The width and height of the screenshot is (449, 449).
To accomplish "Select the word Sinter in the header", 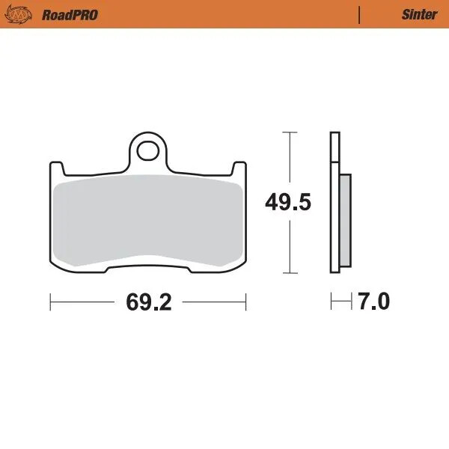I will [419, 14].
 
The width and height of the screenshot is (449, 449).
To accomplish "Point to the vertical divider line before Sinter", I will [360, 14].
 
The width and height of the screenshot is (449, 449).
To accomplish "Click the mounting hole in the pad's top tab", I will [150, 150].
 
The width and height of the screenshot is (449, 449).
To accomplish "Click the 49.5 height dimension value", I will [288, 203].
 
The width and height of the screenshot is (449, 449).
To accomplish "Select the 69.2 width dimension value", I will [149, 302].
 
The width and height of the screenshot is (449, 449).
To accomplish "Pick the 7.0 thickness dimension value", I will [374, 302].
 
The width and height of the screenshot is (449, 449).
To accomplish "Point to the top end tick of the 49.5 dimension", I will [288, 132].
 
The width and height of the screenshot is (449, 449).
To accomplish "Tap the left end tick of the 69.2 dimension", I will [50, 302].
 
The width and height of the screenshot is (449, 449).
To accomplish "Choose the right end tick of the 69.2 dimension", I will [247, 302].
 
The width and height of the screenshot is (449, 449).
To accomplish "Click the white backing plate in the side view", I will [335, 203].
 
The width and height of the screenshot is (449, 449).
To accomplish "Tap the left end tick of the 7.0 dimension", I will [331, 302].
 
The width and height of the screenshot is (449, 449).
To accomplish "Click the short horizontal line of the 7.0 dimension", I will [341, 302].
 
